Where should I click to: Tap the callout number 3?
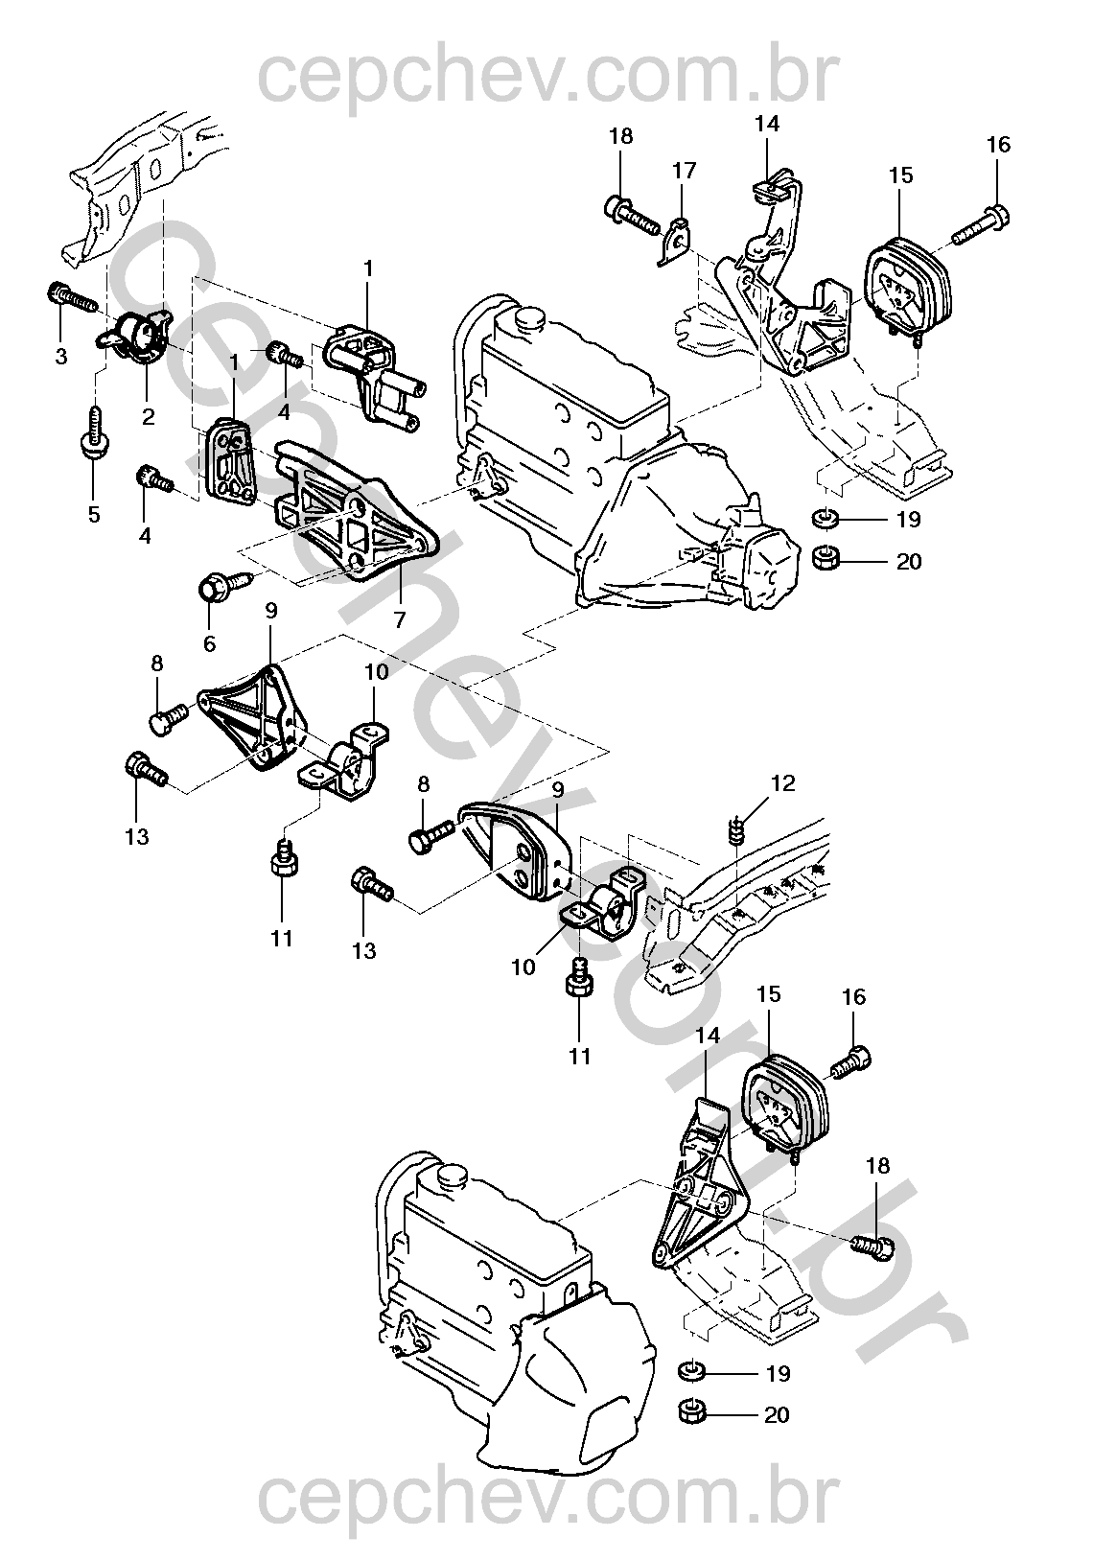(61, 358)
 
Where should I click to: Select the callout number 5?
(94, 514)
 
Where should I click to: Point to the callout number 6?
(209, 643)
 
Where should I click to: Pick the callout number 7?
(399, 619)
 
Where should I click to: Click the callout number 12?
(782, 784)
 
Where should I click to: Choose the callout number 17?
(683, 171)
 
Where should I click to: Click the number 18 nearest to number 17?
(621, 136)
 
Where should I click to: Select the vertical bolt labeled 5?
(95, 428)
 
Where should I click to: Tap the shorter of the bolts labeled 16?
(851, 1062)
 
